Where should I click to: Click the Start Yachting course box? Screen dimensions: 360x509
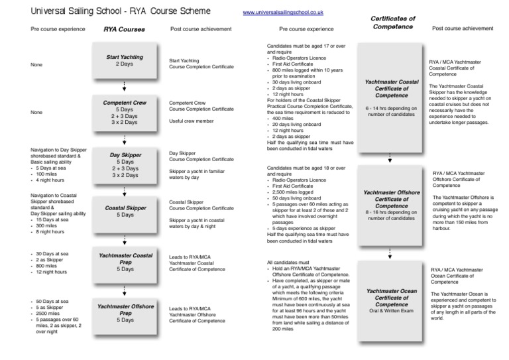tap(125, 62)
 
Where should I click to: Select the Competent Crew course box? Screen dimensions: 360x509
tap(125, 113)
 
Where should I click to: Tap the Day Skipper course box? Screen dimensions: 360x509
tap(125, 165)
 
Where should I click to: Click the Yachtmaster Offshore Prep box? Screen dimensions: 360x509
tap(125, 314)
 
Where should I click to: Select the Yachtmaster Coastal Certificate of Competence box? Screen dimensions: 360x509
tap(391, 99)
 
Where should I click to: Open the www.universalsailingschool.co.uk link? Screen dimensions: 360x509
tap(283, 13)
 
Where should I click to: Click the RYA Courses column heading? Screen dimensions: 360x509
tap(125, 30)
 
